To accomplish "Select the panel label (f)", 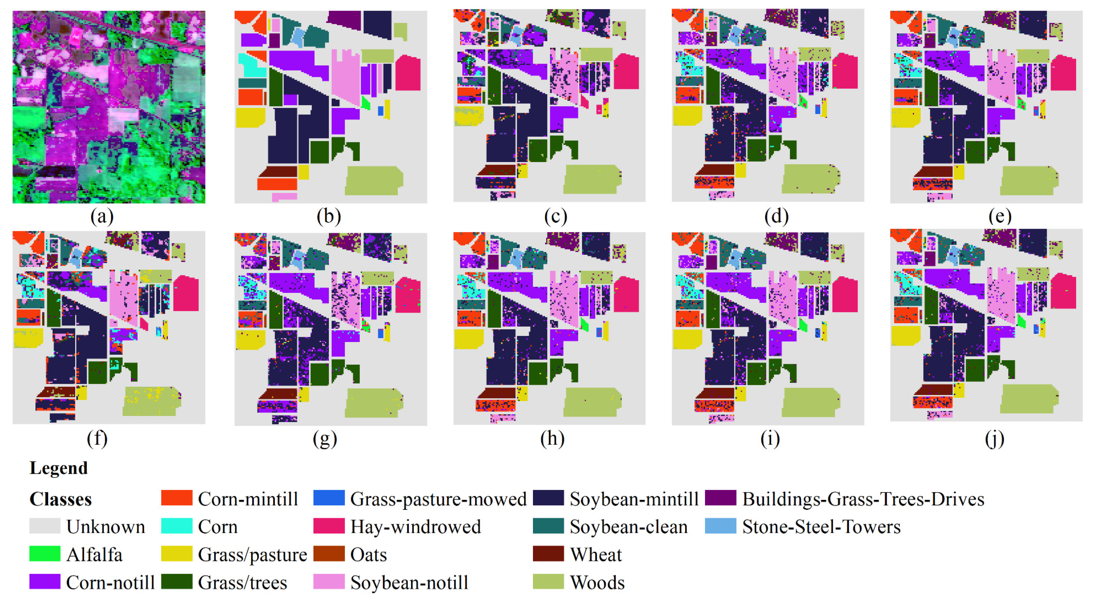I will point(97,438).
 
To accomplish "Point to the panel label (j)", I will point(995,438).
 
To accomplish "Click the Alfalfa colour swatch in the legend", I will point(45,554).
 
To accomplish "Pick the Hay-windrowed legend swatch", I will point(329,526).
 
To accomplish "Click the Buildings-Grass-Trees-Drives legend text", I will point(863,499).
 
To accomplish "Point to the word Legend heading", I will point(59,468).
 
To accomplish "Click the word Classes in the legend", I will point(60,499).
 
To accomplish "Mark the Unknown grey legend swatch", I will point(45,526).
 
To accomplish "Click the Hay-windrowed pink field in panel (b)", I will point(408,73).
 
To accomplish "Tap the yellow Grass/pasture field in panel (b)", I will point(250,118).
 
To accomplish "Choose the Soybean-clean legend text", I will point(628,527).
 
